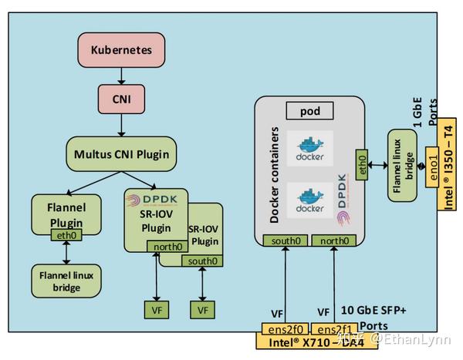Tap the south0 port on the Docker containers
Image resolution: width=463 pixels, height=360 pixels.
pos(286,241)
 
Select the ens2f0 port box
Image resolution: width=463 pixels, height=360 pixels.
pos(285,329)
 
